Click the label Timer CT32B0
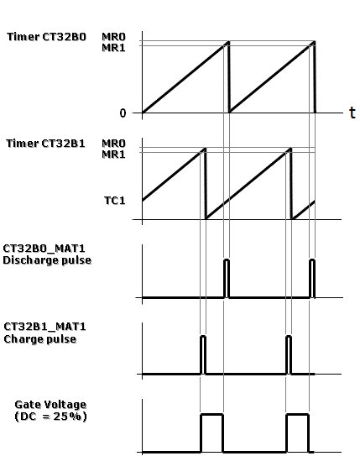tap(46, 37)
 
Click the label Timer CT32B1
tap(45, 144)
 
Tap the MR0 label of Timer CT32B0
tap(113, 37)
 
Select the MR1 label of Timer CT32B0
tap(113, 47)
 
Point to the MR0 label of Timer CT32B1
tap(113, 144)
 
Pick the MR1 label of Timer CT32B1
tap(113, 155)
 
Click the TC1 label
tap(115, 201)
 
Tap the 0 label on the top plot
tap(123, 113)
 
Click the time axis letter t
tap(352, 113)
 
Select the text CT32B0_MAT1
tap(44, 249)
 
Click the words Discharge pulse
tap(47, 260)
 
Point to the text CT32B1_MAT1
tap(44, 327)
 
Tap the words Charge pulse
tap(40, 339)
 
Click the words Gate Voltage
tap(50, 405)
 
